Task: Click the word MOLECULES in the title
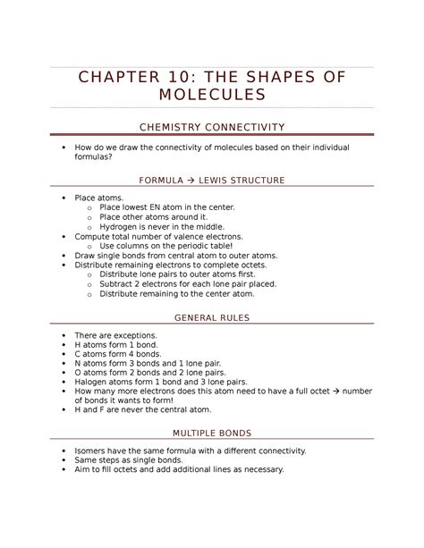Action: [211, 95]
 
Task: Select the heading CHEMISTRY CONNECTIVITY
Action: [211, 127]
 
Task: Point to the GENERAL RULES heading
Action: [211, 317]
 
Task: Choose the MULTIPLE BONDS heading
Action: [211, 433]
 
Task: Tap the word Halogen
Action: [94, 382]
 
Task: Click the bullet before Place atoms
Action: [60, 198]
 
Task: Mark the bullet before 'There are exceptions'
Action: [60, 334]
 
